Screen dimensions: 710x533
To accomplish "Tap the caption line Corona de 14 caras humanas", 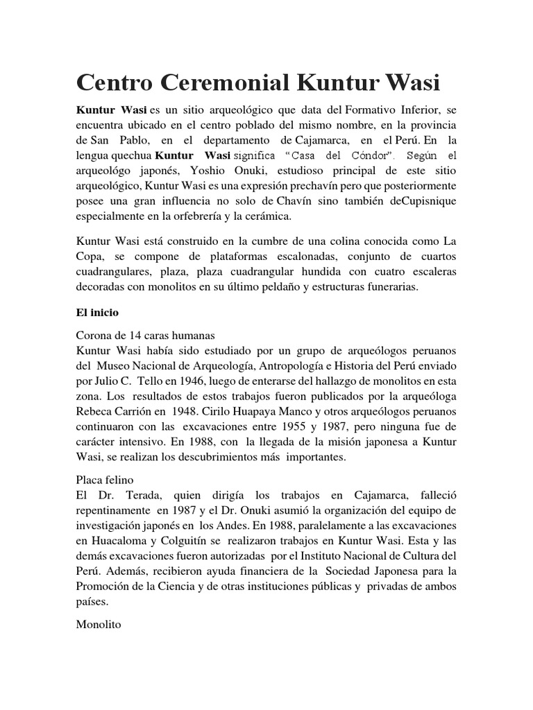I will click(142, 335).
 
